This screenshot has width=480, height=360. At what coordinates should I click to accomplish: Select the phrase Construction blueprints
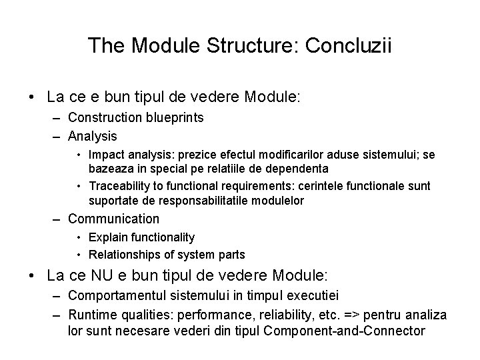pos(135,118)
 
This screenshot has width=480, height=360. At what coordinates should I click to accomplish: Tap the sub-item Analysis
pos(93,136)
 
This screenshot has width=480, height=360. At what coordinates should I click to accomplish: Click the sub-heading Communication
pos(113,219)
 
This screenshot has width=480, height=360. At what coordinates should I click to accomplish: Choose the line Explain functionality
pos(141,237)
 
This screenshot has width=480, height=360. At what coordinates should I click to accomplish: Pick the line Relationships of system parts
pos(167,254)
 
